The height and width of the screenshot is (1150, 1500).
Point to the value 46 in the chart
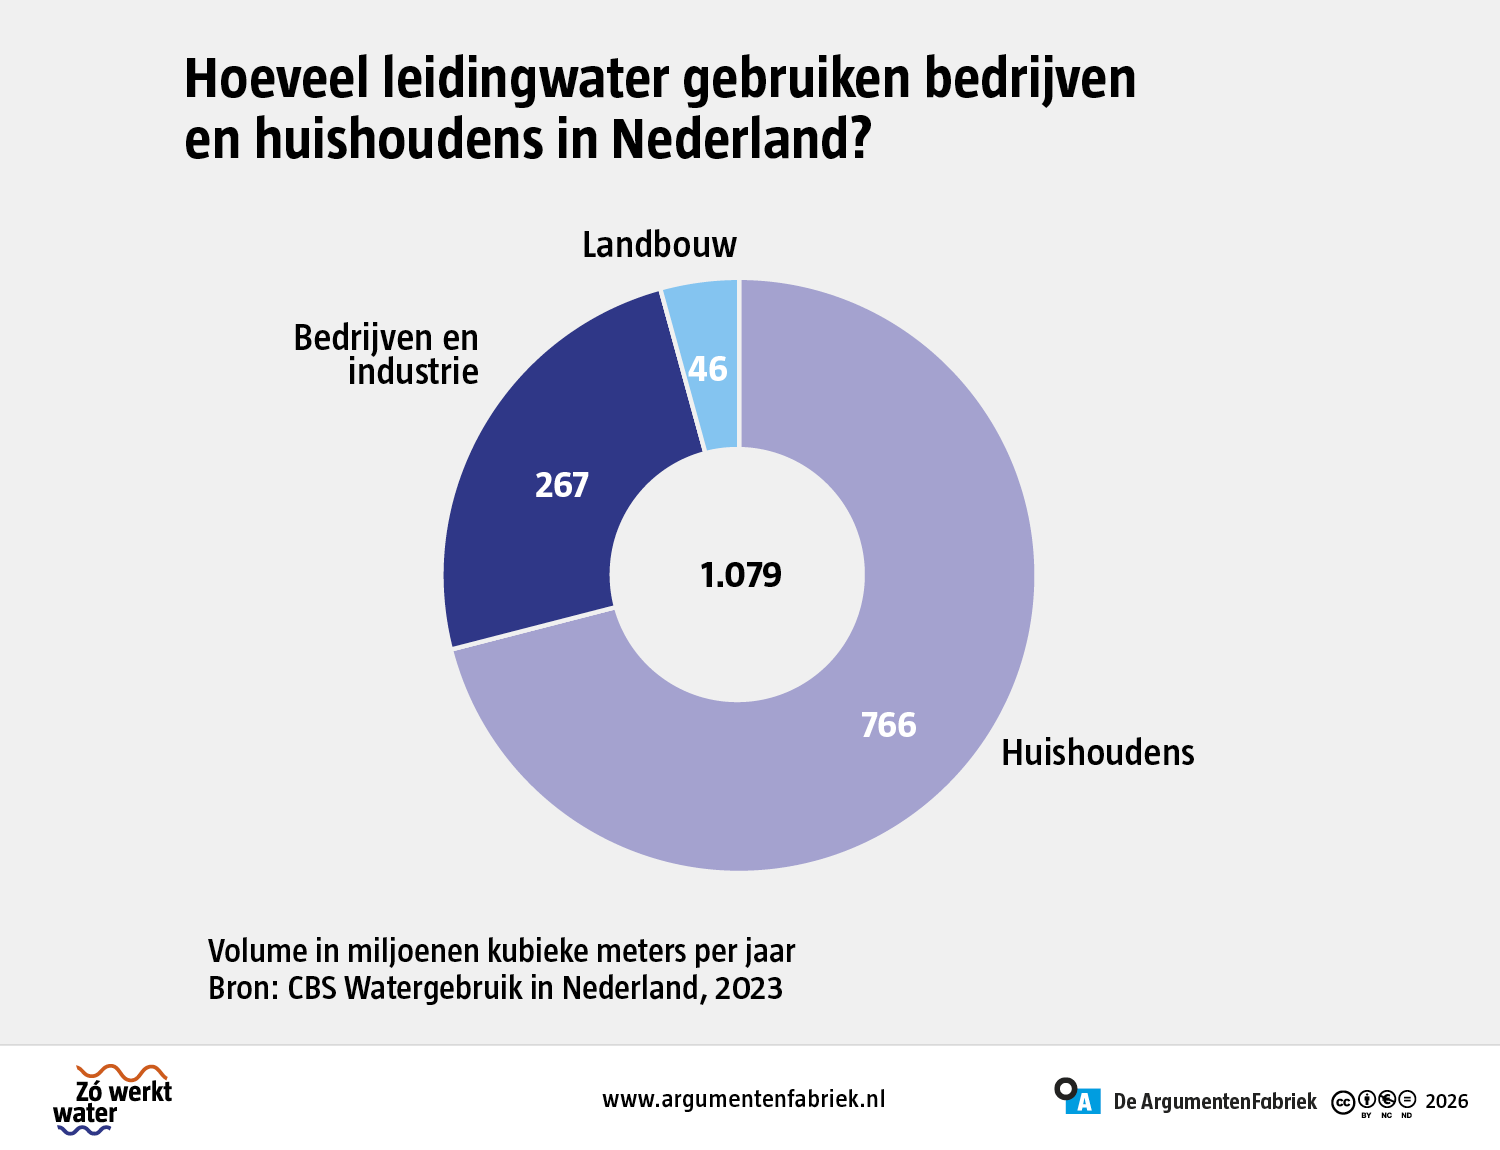[x=708, y=369]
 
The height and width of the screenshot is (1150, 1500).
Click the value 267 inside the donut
[x=562, y=485]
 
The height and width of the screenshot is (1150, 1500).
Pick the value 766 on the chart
[x=888, y=725]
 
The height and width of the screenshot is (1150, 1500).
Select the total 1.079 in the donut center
[x=741, y=575]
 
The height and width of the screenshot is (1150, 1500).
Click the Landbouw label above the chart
[x=659, y=244]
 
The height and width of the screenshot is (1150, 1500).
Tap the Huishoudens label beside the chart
[x=1098, y=752]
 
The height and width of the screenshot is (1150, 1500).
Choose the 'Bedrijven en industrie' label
[x=386, y=354]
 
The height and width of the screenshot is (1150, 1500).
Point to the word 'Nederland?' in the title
[x=741, y=138]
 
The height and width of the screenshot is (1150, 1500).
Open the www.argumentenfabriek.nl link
[x=743, y=1099]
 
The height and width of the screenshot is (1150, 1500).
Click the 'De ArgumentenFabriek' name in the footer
[x=1215, y=1102]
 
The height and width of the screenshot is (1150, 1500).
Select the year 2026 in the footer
[x=1447, y=1101]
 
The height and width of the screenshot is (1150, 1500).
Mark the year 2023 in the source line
[x=749, y=988]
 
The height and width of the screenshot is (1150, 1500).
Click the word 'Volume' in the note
[x=258, y=951]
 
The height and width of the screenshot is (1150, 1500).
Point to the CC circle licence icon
[x=1343, y=1102]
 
